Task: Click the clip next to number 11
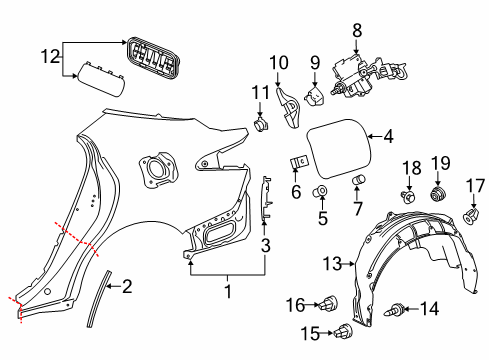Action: click(x=265, y=125)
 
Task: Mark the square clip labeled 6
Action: click(x=297, y=160)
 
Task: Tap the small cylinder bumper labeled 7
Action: click(x=357, y=179)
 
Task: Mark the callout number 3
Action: click(x=265, y=243)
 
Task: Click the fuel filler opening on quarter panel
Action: click(x=155, y=166)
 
